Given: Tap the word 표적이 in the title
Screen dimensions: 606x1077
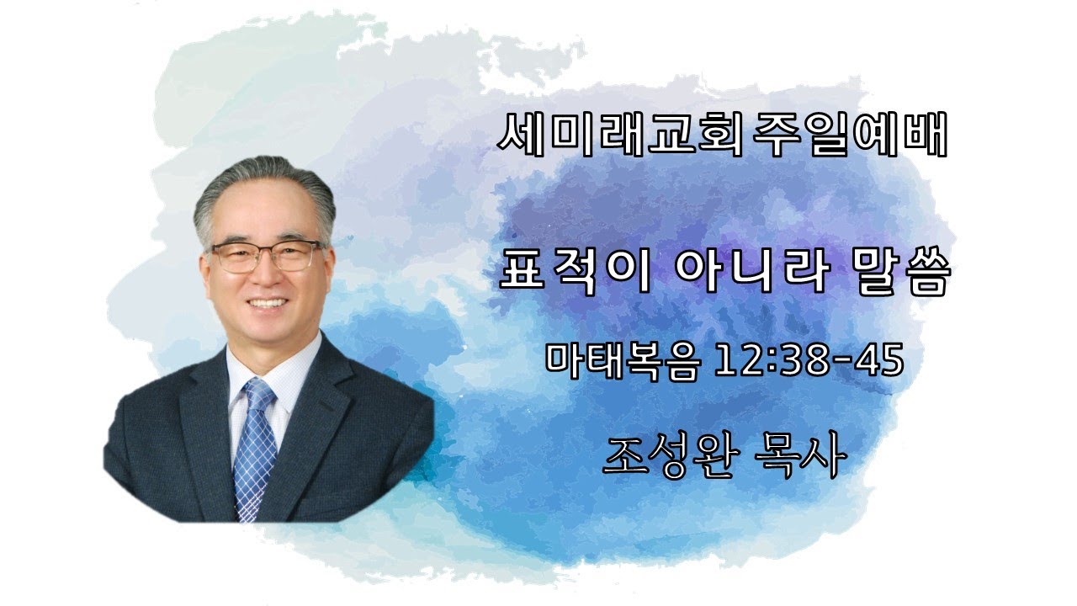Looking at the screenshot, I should pos(576,274).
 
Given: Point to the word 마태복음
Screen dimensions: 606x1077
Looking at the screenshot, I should pos(621,361).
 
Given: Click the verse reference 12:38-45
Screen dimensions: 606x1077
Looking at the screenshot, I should pos(808,361).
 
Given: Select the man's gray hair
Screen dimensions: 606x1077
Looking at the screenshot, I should pos(261,181).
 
